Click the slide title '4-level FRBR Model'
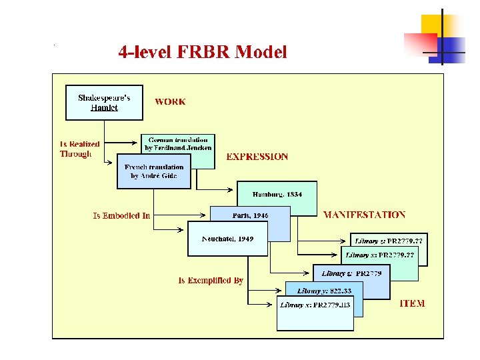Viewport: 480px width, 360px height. (x=203, y=51)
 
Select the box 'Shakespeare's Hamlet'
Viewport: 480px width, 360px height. (x=104, y=102)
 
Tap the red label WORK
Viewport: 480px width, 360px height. (x=171, y=102)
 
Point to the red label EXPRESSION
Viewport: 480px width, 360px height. (x=257, y=157)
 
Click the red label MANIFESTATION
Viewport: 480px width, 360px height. (x=364, y=215)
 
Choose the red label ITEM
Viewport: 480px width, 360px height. (x=412, y=303)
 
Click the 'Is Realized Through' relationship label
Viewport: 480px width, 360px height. (x=79, y=149)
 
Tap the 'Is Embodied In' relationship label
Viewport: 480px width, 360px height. (x=121, y=215)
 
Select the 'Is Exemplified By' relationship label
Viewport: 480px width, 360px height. (x=211, y=281)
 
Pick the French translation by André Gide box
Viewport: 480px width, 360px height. (x=153, y=171)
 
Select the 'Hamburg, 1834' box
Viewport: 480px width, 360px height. (x=277, y=195)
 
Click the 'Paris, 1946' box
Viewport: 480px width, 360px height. (x=251, y=215)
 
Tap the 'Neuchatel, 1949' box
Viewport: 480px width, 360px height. (x=227, y=239)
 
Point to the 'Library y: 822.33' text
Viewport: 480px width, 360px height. (x=325, y=291)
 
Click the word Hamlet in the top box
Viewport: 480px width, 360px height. (x=104, y=107)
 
